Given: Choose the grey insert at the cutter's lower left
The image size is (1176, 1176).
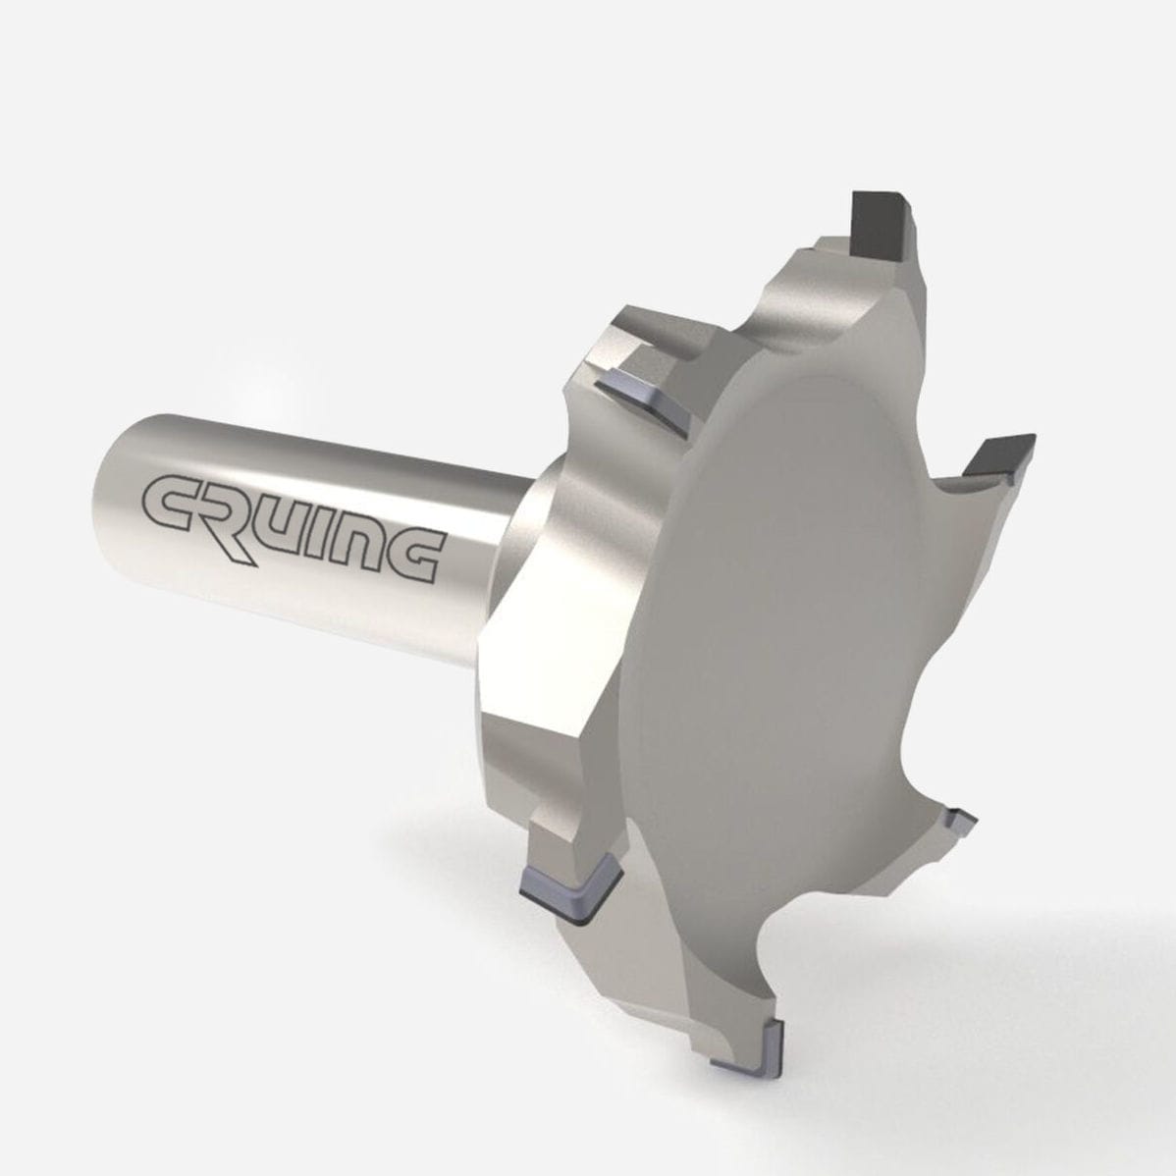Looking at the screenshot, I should pos(569,886).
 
